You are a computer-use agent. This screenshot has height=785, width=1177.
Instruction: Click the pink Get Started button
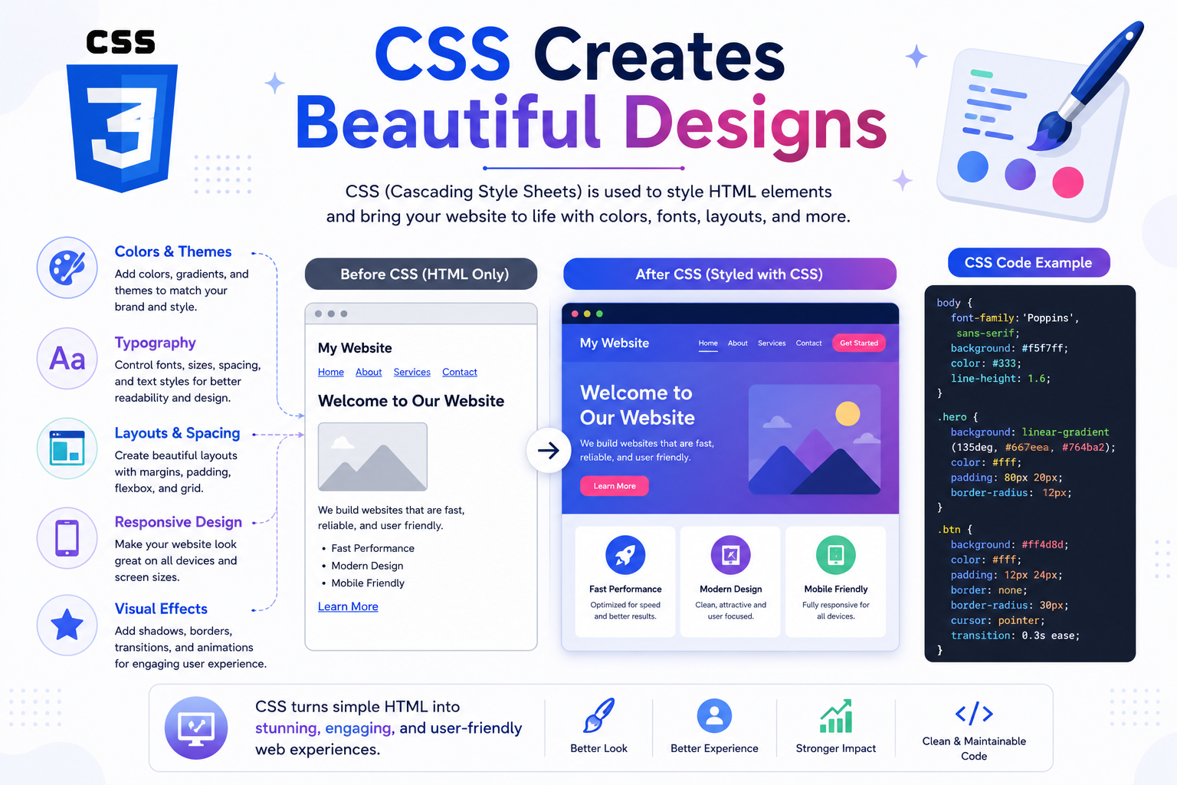858,343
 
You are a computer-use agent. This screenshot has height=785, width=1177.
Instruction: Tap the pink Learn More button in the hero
615,486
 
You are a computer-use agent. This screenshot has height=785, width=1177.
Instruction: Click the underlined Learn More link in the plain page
348,606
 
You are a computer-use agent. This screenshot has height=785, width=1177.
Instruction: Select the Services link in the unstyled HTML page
412,372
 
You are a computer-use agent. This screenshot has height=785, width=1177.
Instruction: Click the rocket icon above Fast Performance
625,555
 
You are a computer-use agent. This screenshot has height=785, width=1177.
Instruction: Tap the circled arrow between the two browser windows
549,451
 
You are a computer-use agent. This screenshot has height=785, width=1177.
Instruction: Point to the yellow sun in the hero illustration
848,413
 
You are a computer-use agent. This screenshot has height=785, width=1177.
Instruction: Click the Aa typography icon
67,359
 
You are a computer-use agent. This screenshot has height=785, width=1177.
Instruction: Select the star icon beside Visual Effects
67,625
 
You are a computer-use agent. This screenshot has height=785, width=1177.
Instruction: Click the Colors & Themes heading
173,251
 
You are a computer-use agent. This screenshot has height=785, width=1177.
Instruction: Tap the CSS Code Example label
1028,262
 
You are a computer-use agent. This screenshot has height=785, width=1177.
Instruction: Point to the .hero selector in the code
952,417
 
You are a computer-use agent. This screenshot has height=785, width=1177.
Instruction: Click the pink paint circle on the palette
1067,182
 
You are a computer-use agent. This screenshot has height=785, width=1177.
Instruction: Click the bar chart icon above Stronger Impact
836,716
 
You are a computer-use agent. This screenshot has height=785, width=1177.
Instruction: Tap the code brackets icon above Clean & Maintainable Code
974,714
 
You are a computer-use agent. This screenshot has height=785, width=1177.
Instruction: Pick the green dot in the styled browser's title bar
599,314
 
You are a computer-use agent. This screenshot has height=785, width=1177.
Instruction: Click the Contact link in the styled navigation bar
808,343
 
